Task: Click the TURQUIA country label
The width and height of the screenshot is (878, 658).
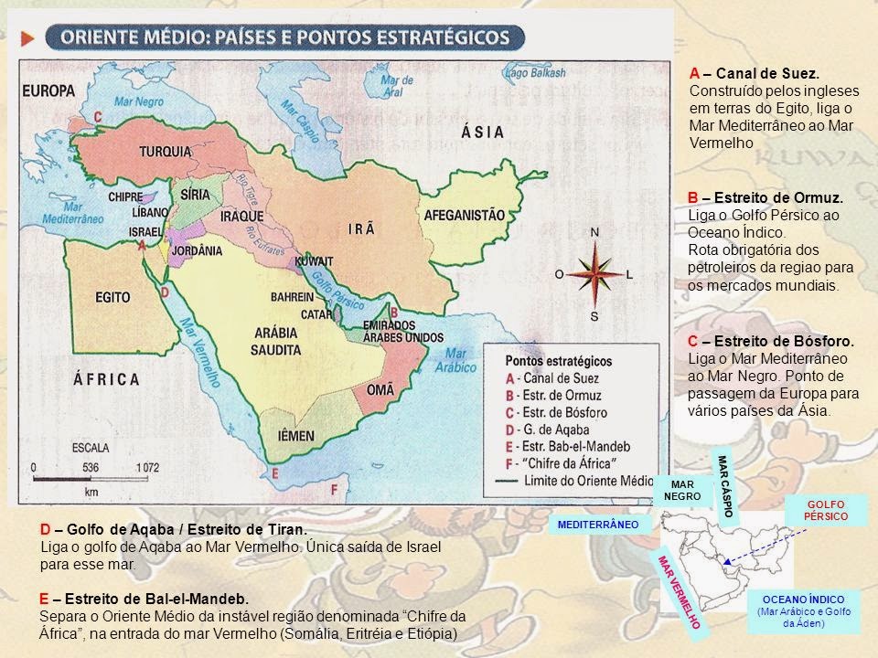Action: coord(162,151)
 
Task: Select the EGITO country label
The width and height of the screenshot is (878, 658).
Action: coord(113,297)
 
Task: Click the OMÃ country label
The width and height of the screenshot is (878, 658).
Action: coord(380,389)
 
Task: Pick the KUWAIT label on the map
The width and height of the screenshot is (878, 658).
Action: coord(314,261)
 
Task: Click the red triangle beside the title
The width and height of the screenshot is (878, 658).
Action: coord(27,37)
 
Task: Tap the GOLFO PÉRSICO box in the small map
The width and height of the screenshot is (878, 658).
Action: coord(826,511)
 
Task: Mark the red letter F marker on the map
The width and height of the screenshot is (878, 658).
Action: coord(335,490)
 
